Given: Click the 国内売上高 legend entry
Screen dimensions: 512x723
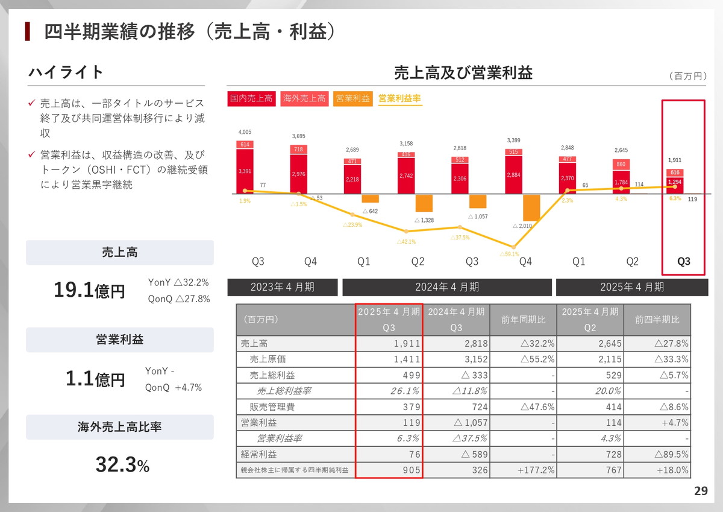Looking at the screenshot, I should pyautogui.click(x=251, y=98).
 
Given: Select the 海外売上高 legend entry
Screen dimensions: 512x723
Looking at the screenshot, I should pyautogui.click(x=304, y=98).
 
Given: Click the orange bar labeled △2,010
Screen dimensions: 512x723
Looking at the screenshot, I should pyautogui.click(x=531, y=207).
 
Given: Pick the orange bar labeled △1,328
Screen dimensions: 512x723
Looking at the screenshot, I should pyautogui.click(x=424, y=203).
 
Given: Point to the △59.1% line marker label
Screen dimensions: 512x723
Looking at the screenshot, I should pyautogui.click(x=509, y=254).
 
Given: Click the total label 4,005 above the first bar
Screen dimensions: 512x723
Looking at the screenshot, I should pyautogui.click(x=245, y=132).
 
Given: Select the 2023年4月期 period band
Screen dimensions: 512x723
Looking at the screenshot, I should pyautogui.click(x=282, y=287).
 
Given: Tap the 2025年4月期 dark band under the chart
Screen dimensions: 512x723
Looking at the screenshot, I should pyautogui.click(x=632, y=287).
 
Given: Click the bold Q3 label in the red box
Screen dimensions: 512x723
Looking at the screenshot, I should pyautogui.click(x=683, y=262).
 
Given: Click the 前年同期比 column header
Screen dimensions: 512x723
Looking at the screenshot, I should pyautogui.click(x=523, y=320).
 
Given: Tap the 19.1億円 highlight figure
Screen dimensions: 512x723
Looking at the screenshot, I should pyautogui.click(x=89, y=291).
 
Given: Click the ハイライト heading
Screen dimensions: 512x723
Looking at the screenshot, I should pyautogui.click(x=66, y=72).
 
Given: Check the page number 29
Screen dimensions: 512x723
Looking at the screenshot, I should pyautogui.click(x=701, y=491).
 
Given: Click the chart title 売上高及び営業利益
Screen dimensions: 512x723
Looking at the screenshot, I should pyautogui.click(x=463, y=74).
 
